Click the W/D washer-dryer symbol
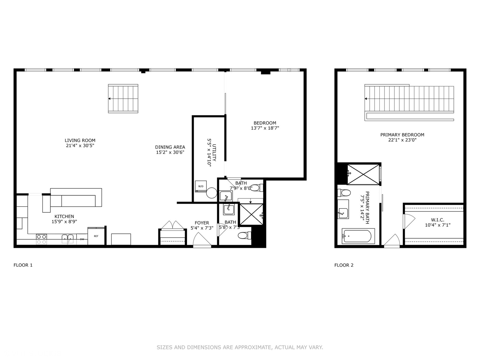coord(201,186)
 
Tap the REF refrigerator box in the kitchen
coord(96,236)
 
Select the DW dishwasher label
coord(82,239)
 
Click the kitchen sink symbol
coord(68,239)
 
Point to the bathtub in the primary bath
coord(358,236)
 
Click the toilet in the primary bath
coord(344,193)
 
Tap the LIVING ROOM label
coord(80,140)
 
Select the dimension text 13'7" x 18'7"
coord(265,128)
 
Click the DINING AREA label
coord(170,147)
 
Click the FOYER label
coord(202,223)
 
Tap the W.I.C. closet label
coord(437,220)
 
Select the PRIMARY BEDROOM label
coord(402,135)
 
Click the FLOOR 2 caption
coord(344,265)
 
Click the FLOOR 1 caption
coord(23,265)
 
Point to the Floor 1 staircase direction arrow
coord(110,99)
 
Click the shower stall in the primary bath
coord(363,174)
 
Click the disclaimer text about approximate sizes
coord(240,347)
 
